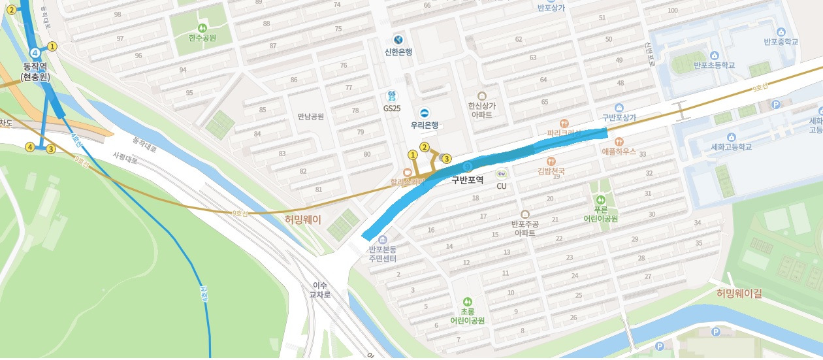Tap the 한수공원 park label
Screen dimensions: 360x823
[202, 39]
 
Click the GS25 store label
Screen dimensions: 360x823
[392, 108]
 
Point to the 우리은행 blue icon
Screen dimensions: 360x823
[424, 113]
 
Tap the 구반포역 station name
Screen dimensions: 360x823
[467, 180]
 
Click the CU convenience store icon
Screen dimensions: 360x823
[502, 174]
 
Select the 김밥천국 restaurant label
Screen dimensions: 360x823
[551, 171]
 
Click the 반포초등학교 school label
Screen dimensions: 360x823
[714, 65]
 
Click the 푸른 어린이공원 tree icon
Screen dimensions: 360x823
[601, 199]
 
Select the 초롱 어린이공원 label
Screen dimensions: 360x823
[462, 316]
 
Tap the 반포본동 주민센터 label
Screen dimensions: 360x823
[383, 254]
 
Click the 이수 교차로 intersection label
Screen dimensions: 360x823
[320, 289]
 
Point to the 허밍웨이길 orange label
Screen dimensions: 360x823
[739, 293]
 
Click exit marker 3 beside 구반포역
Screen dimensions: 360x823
[447, 158]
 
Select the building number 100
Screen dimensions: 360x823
[673, 10]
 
